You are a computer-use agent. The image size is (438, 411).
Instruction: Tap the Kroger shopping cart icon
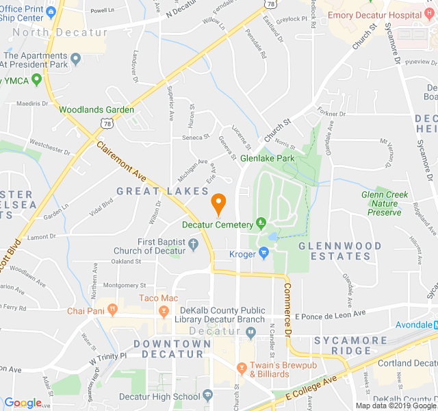click(x=263, y=254)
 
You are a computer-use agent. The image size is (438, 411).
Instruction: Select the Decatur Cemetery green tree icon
click(x=260, y=223)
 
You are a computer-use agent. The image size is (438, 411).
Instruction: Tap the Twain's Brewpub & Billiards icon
click(x=241, y=369)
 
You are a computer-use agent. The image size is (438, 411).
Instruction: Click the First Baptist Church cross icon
click(x=192, y=243)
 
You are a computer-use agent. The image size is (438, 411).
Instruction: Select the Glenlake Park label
click(x=267, y=158)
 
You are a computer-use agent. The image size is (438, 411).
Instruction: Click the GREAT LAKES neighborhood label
click(x=162, y=191)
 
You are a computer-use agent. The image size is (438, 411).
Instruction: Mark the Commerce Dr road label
click(x=288, y=308)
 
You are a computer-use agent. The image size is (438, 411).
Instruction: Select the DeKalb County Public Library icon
click(x=250, y=332)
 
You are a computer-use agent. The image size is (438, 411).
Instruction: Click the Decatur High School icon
click(x=207, y=396)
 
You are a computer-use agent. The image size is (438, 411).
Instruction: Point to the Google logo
click(x=23, y=403)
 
